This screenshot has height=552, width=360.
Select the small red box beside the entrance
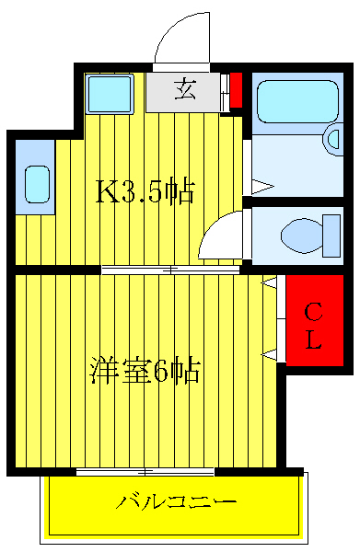[236, 89]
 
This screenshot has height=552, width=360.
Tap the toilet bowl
[299, 234]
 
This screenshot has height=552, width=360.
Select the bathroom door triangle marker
[262, 186]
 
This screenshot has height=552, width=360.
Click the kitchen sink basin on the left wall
[37, 184]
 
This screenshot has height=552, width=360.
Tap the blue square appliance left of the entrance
[110, 92]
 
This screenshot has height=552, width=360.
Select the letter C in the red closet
[313, 310]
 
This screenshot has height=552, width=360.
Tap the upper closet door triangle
[270, 286]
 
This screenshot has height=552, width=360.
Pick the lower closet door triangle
[270, 354]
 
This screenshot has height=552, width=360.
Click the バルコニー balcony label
[177, 503]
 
